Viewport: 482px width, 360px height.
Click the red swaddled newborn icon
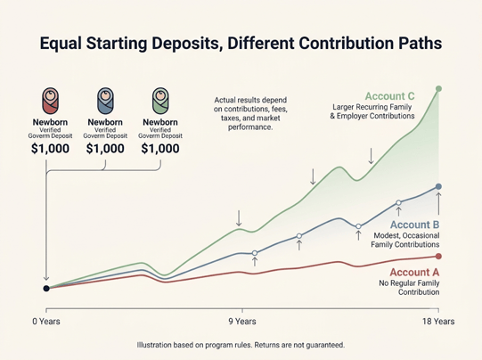(x=50, y=101)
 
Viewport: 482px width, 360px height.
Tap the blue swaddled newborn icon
(x=105, y=101)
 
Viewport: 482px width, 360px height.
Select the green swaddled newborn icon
(x=160, y=101)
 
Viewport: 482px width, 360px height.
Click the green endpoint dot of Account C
(x=438, y=89)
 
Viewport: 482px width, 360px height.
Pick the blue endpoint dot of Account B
(x=438, y=186)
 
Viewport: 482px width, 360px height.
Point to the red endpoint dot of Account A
(x=438, y=257)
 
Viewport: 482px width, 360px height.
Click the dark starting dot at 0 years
(x=46, y=289)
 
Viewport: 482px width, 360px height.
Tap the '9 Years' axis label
(x=242, y=322)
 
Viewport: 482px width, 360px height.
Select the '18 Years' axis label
(x=438, y=322)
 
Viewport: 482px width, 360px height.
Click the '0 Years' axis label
(x=46, y=322)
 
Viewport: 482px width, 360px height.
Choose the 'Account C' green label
(x=389, y=96)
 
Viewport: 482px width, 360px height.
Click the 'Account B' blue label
(x=414, y=225)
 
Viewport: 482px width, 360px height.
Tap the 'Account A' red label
(x=414, y=273)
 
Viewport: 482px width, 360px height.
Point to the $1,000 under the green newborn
(x=160, y=149)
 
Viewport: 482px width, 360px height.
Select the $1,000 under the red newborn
(x=50, y=149)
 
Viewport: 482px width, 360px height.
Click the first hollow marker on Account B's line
(x=255, y=253)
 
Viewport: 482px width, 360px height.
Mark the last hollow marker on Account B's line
(x=398, y=202)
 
